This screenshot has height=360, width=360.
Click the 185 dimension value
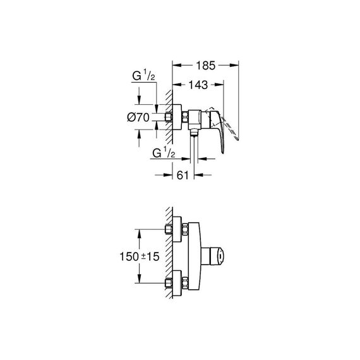pos(206,66)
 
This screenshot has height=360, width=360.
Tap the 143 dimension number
pos(198,85)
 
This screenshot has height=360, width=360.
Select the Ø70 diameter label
pos(138,117)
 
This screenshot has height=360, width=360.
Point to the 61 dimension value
pos(183,176)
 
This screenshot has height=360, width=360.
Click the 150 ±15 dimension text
pos(140,256)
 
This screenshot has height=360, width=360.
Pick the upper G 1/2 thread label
pos(143,76)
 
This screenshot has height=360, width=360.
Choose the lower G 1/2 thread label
pos(164,153)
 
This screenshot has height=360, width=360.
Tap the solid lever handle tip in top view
pos(222,152)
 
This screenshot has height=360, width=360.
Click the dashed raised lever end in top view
pos(236,138)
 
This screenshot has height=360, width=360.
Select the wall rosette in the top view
pos(177,117)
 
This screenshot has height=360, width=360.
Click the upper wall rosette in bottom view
pos(177,230)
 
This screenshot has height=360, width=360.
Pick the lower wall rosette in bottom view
pos(177,284)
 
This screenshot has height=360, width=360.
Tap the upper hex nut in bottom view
pos(185,229)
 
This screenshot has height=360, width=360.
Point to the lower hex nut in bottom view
pos(185,283)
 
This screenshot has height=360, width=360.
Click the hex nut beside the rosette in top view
pos(185,117)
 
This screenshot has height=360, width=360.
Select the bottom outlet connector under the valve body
pos(195,133)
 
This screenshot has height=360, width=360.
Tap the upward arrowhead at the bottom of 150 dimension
pos(139,279)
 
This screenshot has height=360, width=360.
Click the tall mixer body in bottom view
pos(195,256)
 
